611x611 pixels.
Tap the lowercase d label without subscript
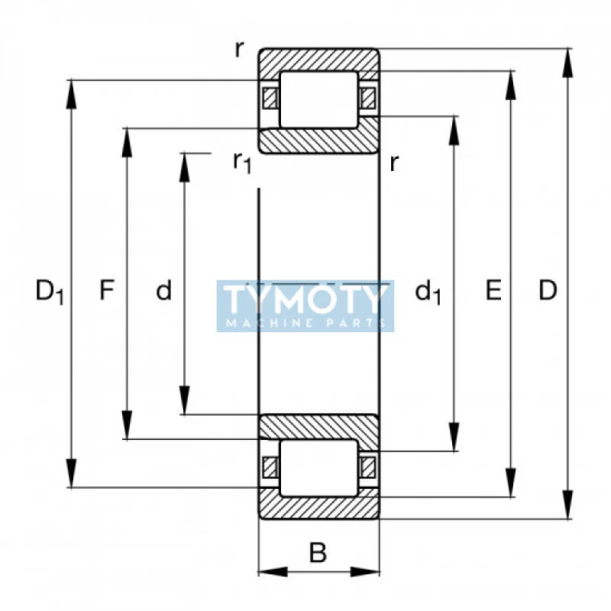pyautogui.click(x=163, y=291)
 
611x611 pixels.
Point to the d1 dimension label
pyautogui.click(x=428, y=292)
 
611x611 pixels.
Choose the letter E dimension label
pyautogui.click(x=494, y=290)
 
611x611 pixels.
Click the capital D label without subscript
pyautogui.click(x=548, y=290)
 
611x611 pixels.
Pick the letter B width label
pyautogui.click(x=318, y=552)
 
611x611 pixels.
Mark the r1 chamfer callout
pyautogui.click(x=242, y=162)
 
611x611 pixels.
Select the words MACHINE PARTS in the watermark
pyautogui.click(x=305, y=324)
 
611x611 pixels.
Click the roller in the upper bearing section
pyautogui.click(x=318, y=99)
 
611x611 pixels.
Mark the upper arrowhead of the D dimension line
pyautogui.click(x=569, y=61)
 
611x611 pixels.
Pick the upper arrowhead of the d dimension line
pyautogui.click(x=184, y=165)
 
